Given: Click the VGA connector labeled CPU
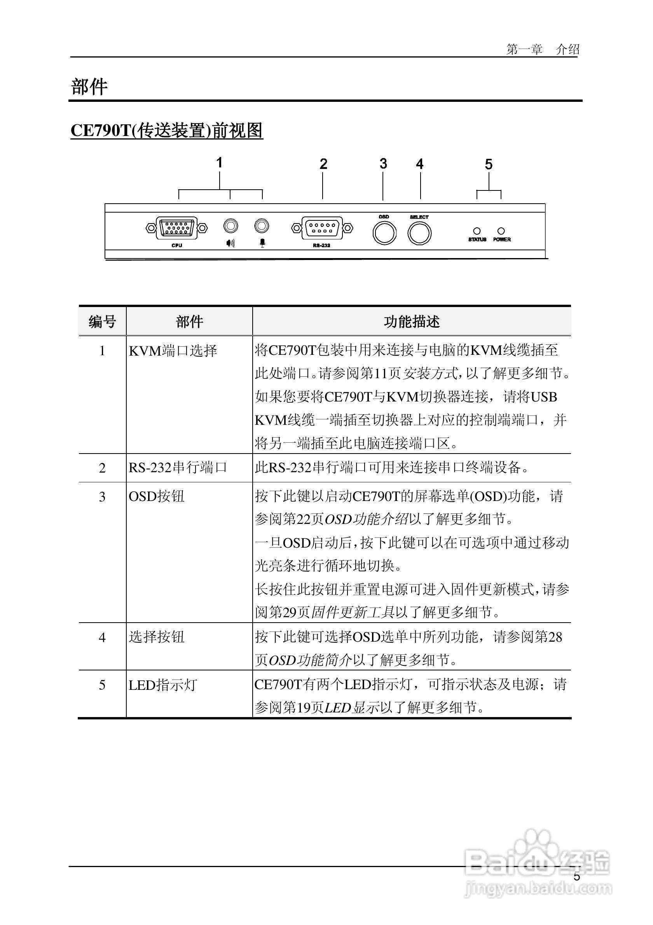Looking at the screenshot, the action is click(176, 228).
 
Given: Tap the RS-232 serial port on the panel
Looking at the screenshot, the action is click(321, 229).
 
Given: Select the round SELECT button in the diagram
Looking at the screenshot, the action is click(419, 234).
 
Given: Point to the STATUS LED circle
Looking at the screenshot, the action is click(477, 231).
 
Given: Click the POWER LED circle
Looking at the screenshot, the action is click(501, 231).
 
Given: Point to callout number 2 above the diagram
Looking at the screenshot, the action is click(323, 164).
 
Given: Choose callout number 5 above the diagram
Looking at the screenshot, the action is click(488, 164).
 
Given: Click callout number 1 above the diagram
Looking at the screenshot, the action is click(219, 163).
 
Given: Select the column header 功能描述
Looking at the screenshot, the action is click(411, 321).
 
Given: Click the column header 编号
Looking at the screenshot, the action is click(102, 321).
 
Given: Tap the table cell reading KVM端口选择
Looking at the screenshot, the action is click(173, 351).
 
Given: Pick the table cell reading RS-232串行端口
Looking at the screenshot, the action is click(178, 467).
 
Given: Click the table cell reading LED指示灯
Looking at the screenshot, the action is click(163, 685).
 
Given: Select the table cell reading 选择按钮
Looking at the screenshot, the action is click(157, 637).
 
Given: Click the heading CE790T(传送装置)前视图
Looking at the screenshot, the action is click(167, 131).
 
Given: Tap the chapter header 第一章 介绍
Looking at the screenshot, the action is click(543, 50).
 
